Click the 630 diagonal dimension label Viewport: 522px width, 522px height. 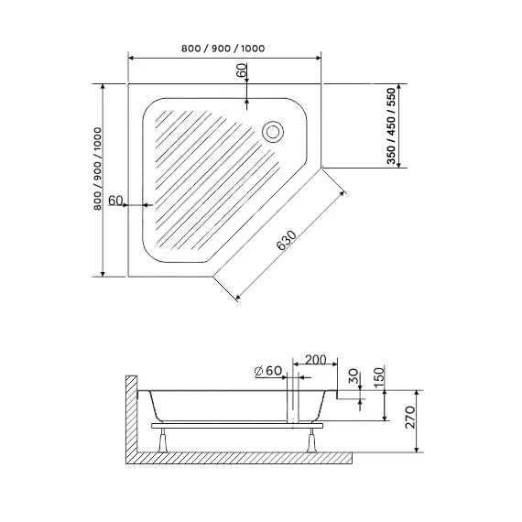point(287,240)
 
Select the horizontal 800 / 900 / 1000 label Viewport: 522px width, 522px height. point(223,49)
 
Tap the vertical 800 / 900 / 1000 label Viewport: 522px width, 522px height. point(98,169)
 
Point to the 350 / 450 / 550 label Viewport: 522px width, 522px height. point(392,126)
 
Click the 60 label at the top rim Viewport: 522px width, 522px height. point(242,71)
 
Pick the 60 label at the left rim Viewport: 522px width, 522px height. point(115,201)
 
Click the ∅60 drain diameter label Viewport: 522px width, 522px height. point(268,371)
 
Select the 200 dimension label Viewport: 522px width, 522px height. point(316,360)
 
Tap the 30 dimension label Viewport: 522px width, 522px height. point(353,375)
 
